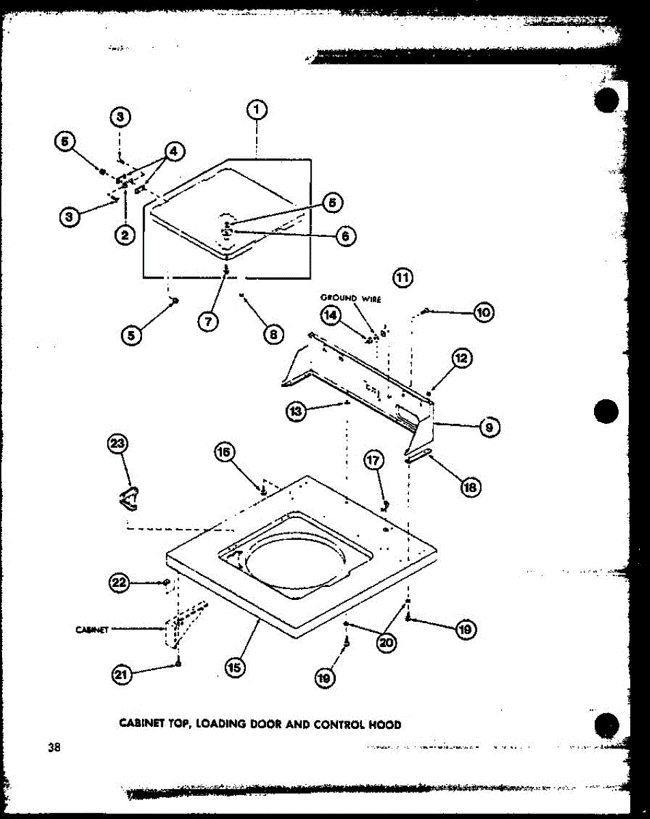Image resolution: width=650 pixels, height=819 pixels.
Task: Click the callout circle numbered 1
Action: coord(256,110)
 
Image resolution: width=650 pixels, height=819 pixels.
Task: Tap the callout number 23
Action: coord(118,444)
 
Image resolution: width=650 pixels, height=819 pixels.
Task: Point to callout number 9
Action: coord(490,428)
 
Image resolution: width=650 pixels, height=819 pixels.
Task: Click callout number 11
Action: coord(404,277)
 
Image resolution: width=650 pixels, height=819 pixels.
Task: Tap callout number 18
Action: coord(470,487)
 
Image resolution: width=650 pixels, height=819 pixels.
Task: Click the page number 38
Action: coord(54,747)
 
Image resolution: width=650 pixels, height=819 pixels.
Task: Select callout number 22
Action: coord(119,583)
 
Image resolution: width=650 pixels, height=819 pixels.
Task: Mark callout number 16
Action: coord(225,452)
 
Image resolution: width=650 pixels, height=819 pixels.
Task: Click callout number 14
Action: coord(331,315)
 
